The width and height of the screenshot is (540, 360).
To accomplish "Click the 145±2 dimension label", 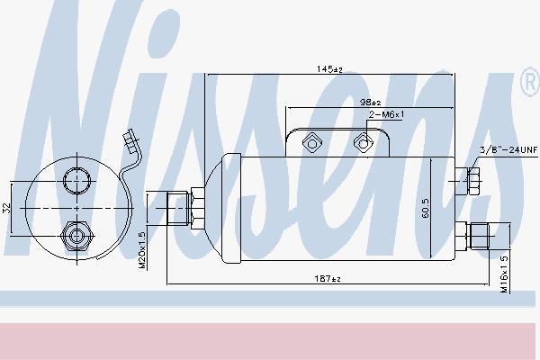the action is pos(329,69).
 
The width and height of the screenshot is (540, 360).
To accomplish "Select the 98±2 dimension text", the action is pos(370,102).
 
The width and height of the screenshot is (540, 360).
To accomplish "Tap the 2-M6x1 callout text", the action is pos(386,114).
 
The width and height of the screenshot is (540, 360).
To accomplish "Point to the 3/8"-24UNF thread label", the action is pos(508,150).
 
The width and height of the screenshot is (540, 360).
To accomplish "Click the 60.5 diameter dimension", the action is pos(426,208).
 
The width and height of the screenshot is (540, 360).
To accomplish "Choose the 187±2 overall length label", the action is pos(328,278).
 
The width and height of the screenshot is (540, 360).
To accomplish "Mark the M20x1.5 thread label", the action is pos(142,250).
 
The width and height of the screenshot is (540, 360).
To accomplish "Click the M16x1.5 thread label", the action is pos(504,274).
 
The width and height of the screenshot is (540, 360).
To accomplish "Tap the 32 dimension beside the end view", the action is pos(6,208).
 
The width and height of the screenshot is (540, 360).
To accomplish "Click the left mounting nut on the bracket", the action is pos(312,142).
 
